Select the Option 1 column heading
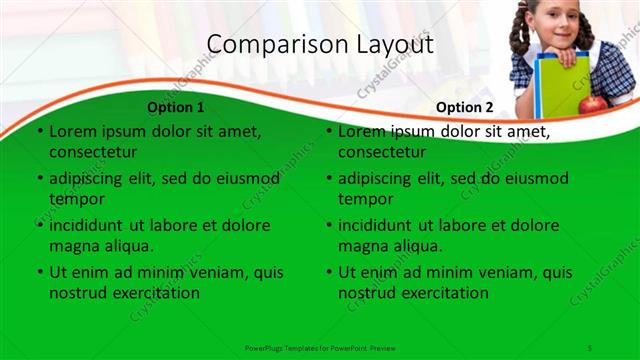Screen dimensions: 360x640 pos(176,107)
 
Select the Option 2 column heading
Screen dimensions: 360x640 pos(465,107)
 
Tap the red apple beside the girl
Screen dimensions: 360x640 pos(592,103)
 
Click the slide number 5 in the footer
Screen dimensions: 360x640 pos(590,346)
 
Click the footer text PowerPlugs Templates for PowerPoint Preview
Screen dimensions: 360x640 pos(320,346)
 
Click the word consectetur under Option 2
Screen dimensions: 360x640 pos(383,152)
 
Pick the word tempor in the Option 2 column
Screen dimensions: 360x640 pos(366,198)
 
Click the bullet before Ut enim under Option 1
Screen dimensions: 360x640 pos(40,272)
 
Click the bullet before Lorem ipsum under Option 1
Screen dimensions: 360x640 pos(40,131)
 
